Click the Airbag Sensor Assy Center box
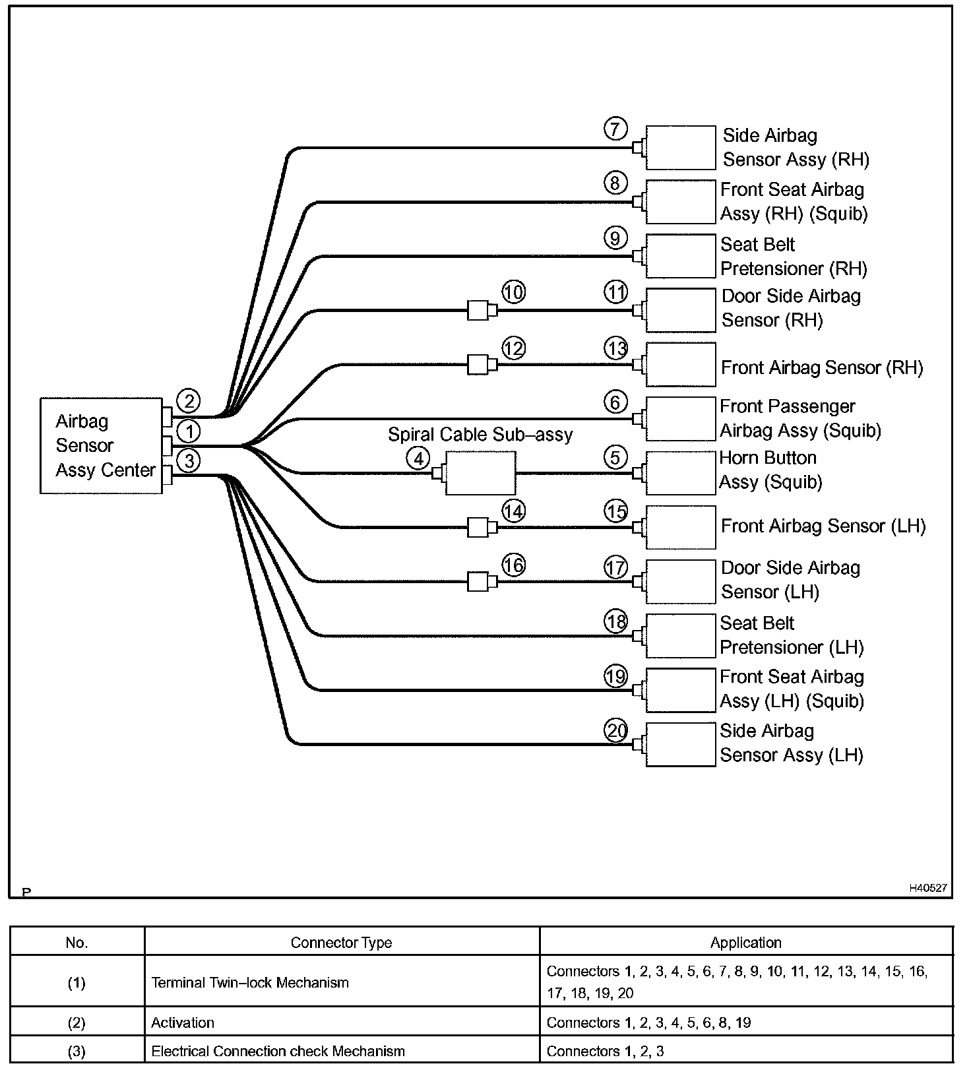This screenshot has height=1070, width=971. click(x=101, y=445)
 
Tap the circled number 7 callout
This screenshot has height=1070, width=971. click(x=615, y=129)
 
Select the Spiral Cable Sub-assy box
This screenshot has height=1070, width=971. click(x=480, y=473)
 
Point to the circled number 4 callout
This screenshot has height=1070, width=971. click(x=418, y=457)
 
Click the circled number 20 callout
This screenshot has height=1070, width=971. click(x=616, y=731)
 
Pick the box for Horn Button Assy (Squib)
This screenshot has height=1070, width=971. click(x=680, y=473)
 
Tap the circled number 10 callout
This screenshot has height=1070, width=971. click(x=513, y=292)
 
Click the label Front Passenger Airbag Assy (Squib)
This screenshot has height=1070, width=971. click(x=799, y=419)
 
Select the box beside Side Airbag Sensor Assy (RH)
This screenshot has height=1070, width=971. click(x=680, y=148)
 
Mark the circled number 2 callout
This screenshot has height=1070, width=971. click(x=189, y=400)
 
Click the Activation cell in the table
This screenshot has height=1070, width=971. click(x=183, y=1023)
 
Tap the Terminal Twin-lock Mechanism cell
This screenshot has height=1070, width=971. click(x=250, y=983)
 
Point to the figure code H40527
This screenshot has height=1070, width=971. click(x=928, y=888)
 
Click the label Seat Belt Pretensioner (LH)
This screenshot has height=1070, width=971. click(x=791, y=635)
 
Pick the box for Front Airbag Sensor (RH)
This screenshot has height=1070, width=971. click(x=680, y=364)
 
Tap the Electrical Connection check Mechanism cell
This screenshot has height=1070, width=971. click(x=278, y=1052)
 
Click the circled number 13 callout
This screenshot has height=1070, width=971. click(x=616, y=348)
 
